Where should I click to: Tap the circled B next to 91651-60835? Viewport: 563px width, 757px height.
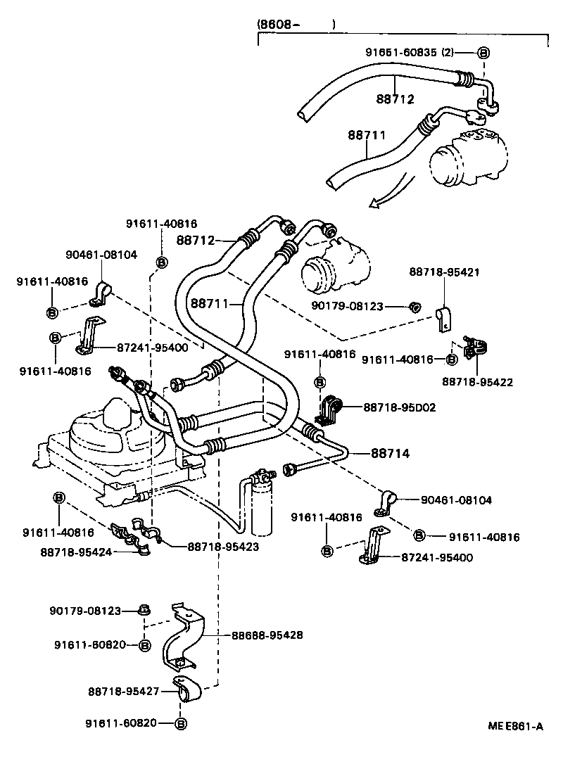coord(484,53)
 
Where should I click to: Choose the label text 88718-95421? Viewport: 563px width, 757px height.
coord(444,272)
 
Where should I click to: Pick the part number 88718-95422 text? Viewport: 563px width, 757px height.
coord(477,382)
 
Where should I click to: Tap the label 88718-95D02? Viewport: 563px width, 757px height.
coord(400,407)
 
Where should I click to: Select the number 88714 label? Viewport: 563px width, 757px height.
coord(391,454)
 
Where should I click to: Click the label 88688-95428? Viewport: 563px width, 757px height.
coord(267,635)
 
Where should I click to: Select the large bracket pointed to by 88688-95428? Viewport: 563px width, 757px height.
coord(184,637)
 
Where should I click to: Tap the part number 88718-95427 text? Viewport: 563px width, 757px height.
coord(124,692)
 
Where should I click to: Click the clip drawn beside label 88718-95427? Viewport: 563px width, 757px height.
coord(186,690)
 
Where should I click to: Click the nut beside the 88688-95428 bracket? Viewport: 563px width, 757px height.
coord(144,611)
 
